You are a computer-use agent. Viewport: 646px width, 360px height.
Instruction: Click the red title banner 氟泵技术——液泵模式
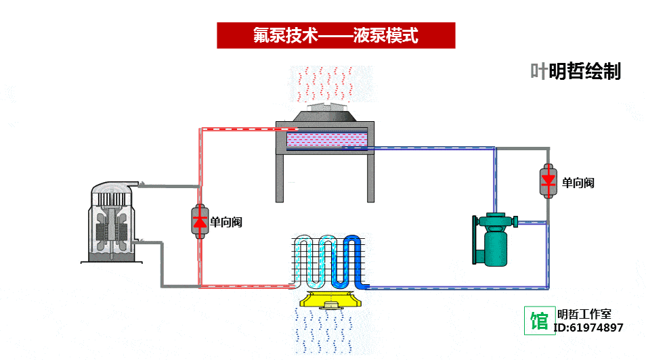click(x=335, y=35)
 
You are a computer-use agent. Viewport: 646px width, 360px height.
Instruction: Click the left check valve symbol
click(x=199, y=221)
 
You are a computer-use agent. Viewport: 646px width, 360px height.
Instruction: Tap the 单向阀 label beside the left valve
click(x=226, y=221)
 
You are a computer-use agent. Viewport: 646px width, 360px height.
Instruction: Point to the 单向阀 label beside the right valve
click(x=578, y=183)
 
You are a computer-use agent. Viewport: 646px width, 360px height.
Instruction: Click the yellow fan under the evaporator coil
click(x=330, y=300)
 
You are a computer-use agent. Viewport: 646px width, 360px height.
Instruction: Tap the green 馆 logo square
click(x=539, y=319)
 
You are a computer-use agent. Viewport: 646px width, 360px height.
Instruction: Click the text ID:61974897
click(x=588, y=328)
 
